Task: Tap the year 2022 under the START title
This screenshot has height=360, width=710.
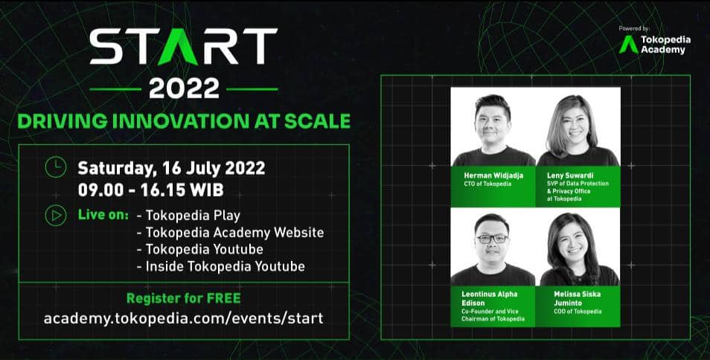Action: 183,89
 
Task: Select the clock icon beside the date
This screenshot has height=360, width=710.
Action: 55,167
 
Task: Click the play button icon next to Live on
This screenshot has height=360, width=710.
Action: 55,215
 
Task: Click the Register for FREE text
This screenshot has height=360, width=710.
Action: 183,299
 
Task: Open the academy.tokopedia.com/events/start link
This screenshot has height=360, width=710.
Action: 183,318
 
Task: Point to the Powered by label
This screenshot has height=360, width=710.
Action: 634,29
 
